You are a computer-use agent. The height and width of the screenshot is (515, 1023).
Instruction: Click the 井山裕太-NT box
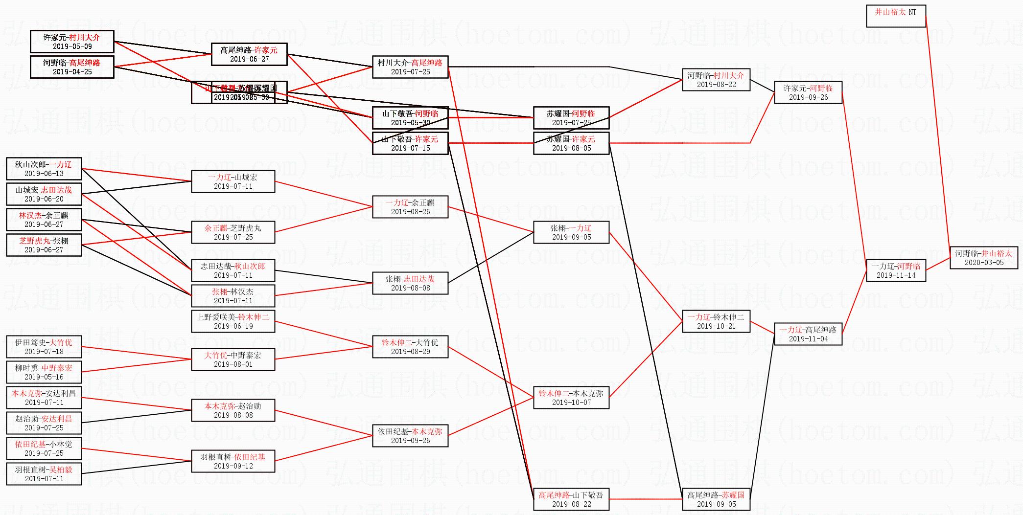point(896,16)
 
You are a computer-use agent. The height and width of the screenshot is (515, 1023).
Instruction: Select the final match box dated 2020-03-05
point(984,258)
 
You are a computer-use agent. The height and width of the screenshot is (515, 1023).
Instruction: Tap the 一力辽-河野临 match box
point(896,270)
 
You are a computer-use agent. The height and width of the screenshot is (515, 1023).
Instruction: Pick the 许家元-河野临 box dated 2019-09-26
point(808,92)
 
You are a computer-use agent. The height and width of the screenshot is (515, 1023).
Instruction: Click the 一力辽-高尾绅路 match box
point(808,334)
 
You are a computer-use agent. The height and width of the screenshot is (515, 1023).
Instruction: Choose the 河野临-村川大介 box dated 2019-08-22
point(716,80)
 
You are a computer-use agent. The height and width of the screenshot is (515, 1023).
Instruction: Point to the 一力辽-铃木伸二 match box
point(716,321)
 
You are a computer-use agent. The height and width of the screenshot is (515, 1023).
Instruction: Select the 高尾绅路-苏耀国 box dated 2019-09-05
point(716,499)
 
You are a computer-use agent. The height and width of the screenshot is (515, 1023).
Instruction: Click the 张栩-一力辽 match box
point(571,232)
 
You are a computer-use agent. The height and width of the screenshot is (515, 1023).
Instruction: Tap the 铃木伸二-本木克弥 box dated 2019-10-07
point(571,398)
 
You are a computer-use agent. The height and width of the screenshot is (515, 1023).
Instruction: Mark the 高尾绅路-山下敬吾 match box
point(571,499)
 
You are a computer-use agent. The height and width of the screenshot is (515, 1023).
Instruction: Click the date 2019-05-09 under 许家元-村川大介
point(72,46)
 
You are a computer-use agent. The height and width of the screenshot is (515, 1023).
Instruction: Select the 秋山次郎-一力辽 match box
point(44,169)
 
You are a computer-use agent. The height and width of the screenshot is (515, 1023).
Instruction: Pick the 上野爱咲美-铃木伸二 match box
point(233,321)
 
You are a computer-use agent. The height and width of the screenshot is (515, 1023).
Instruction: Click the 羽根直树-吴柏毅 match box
point(44,474)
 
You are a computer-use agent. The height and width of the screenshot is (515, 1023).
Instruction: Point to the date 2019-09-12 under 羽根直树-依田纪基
point(233,466)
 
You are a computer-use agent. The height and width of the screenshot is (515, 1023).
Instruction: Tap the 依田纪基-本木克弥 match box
point(410,436)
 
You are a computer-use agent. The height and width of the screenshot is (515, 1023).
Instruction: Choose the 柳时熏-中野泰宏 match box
point(44,372)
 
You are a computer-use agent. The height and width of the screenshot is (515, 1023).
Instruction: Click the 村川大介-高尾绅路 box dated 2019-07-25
point(410,67)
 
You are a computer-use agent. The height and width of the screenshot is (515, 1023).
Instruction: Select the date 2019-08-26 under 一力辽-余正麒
point(410,212)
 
